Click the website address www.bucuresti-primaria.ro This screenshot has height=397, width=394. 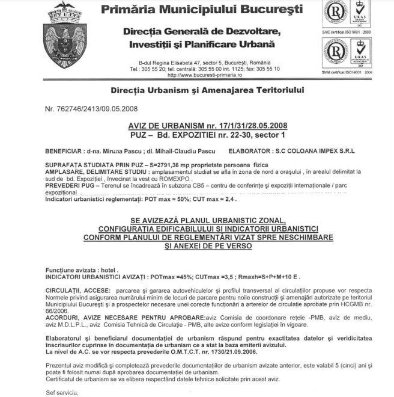point(204,75)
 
